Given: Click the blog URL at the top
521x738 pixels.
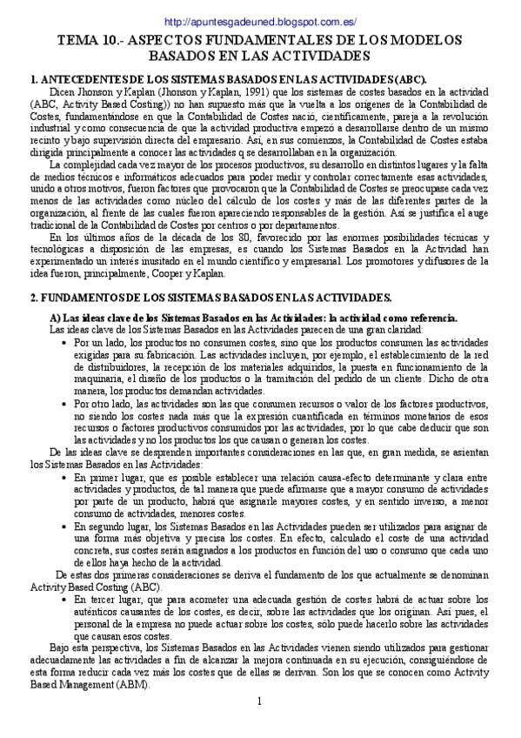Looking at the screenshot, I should coord(260,22).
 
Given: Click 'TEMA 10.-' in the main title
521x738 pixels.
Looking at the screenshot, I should coord(87,41).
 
